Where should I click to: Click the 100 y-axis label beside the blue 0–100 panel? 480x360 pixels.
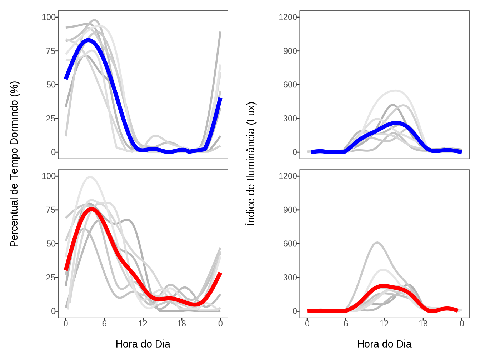(x=49, y=17)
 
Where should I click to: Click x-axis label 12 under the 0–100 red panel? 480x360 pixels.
(x=143, y=324)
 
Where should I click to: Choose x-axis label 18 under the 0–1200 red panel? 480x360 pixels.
(x=423, y=324)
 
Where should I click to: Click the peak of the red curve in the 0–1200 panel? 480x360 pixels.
(x=383, y=286)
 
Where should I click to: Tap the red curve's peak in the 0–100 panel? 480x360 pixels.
(x=91, y=209)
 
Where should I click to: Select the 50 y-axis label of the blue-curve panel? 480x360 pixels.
(x=51, y=85)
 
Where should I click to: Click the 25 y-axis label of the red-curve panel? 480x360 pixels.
(x=51, y=277)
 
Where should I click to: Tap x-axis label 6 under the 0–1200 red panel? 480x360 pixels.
(x=346, y=324)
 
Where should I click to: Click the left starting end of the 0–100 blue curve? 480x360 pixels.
(x=66, y=78)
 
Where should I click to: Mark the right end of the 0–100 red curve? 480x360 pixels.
(x=220, y=273)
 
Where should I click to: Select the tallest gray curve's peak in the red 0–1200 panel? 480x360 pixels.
(x=377, y=242)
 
